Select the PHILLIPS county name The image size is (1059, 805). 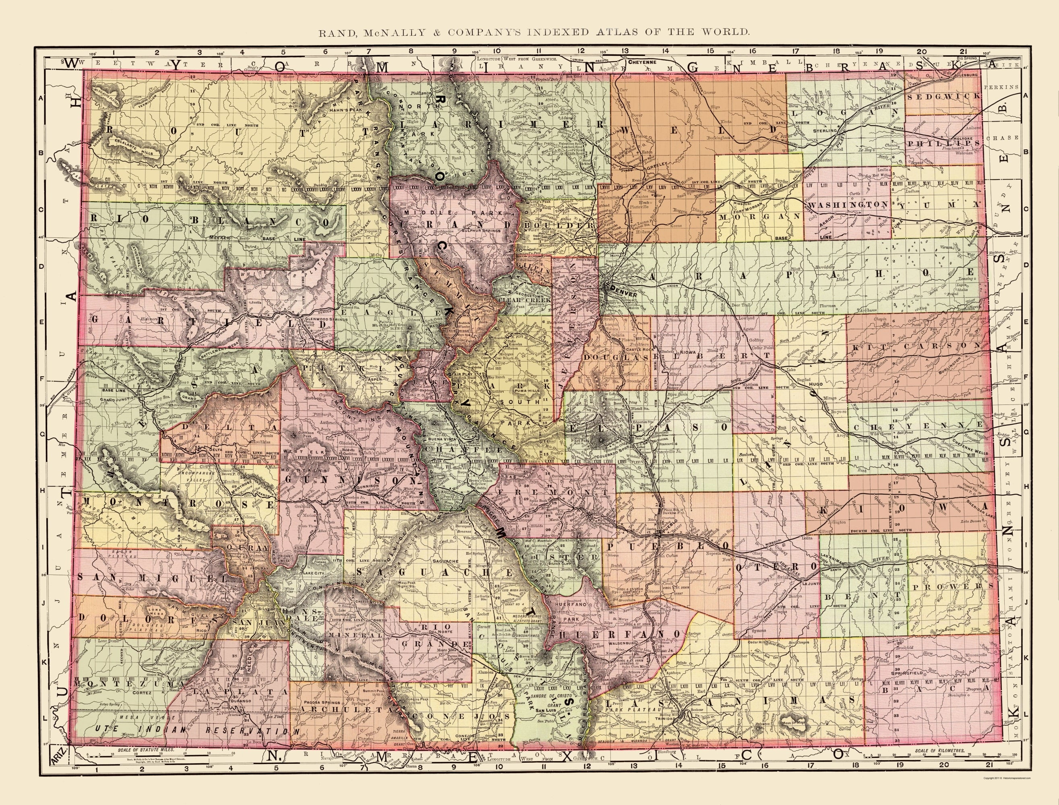tap(942, 143)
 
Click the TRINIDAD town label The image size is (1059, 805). tap(676, 720)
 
